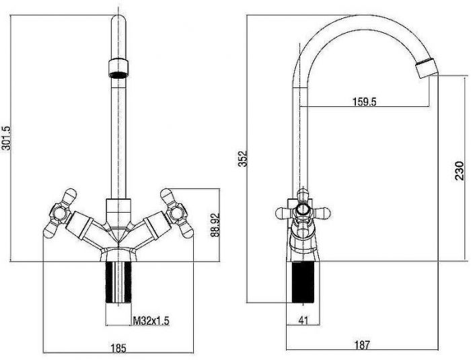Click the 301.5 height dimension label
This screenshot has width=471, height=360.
tap(6, 138)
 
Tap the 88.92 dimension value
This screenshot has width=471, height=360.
tap(215, 225)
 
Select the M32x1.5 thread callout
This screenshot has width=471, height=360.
tap(151, 321)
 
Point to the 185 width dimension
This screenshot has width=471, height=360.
tap(118, 349)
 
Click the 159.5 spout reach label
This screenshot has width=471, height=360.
tap(365, 102)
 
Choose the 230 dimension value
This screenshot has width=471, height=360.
tap(460, 171)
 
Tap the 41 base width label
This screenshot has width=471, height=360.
tap(303, 320)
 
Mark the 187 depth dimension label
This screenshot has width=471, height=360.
tap(362, 345)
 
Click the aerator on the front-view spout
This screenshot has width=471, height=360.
tap(118, 69)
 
